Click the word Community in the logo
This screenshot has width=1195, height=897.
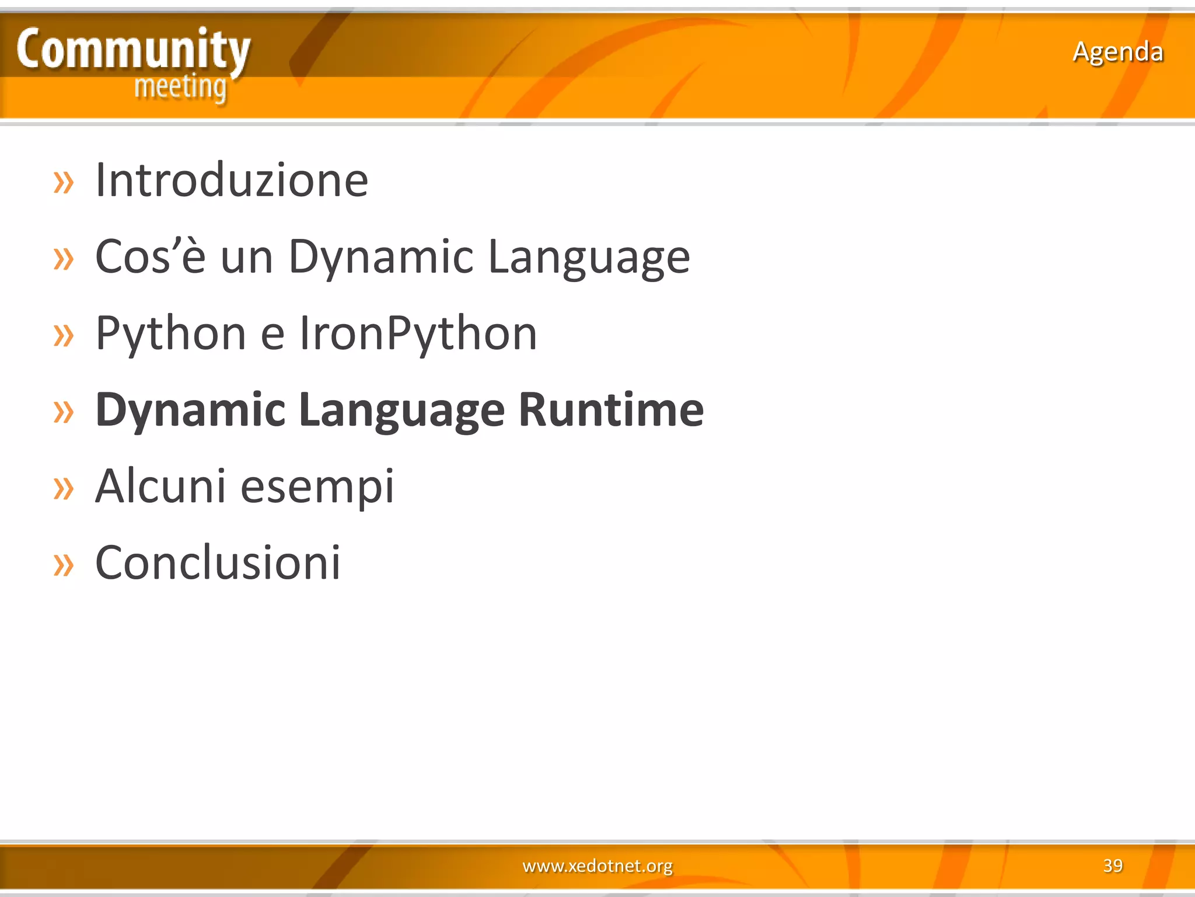tap(133, 50)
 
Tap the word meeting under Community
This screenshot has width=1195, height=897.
tap(180, 88)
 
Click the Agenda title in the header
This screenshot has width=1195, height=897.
tap(1117, 51)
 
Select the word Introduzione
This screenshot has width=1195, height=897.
tap(232, 180)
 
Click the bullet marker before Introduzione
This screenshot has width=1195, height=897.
tap(64, 182)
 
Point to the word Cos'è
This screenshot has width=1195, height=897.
tap(151, 256)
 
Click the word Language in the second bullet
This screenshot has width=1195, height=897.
tap(589, 258)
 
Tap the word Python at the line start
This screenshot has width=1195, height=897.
tap(170, 333)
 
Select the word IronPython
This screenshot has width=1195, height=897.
tap(418, 333)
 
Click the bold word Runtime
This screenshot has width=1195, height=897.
tap(611, 409)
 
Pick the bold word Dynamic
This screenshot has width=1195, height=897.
tap(190, 411)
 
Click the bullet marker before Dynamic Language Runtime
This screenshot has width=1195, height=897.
tap(64, 412)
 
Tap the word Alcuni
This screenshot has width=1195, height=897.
tap(160, 486)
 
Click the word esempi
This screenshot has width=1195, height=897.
tap(317, 487)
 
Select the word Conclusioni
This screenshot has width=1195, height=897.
tap(218, 562)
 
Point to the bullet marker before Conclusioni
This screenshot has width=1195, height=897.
tap(64, 565)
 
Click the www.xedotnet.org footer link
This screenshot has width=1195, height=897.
tap(597, 865)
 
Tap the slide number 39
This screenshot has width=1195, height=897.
tap(1113, 865)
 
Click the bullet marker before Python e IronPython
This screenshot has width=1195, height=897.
tap(64, 335)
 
